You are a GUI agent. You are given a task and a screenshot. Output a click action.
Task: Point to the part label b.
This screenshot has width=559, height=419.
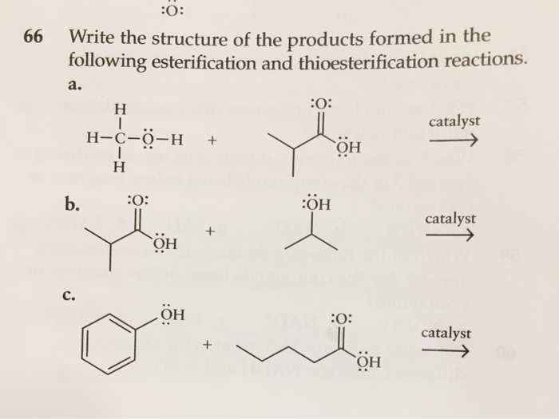point(73,204)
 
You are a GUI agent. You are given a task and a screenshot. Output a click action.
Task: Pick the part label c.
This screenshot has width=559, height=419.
point(69,297)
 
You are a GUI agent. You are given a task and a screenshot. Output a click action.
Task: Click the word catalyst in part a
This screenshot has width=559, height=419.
point(454,122)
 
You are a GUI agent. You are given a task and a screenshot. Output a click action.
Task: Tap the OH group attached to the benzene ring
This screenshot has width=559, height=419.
point(172,315)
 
